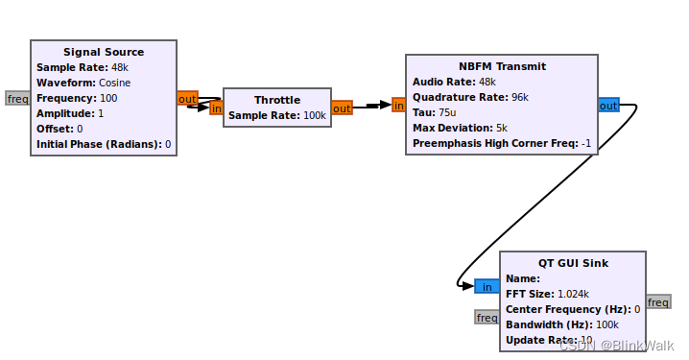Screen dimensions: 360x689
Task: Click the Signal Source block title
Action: click(104, 52)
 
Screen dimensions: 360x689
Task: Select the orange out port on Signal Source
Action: click(187, 98)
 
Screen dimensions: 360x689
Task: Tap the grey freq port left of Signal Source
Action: click(17, 98)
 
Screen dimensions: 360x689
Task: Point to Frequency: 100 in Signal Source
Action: click(77, 98)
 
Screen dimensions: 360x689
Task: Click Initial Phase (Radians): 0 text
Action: click(104, 144)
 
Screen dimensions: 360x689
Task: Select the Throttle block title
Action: click(276, 100)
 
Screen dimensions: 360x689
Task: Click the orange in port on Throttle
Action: click(216, 108)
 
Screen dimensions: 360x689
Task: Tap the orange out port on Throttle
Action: click(342, 108)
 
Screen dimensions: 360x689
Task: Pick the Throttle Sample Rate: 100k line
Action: click(277, 115)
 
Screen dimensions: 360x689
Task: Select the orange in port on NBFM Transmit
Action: click(398, 106)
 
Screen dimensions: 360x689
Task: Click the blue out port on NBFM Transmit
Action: click(608, 106)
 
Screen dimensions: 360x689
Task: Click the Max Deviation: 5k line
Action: click(460, 128)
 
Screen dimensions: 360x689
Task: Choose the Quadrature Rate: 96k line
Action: click(469, 97)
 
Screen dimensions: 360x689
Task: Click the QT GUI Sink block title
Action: click(573, 263)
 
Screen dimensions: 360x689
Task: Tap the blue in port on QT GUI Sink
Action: click(487, 286)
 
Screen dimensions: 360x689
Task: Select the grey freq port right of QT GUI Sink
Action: click(658, 301)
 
